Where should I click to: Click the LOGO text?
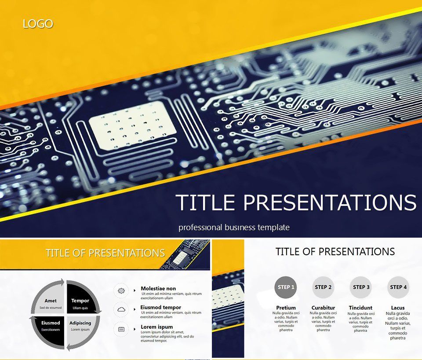38,24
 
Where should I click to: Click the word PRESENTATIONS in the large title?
330,202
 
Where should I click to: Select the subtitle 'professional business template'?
234,228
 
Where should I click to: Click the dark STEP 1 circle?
284,287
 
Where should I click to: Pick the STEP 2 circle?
323,287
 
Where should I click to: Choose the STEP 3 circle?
361,287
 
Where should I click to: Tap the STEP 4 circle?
398,287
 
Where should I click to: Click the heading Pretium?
286,308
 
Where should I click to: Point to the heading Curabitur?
323,308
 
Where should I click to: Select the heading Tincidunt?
360,308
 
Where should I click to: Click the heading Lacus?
398,308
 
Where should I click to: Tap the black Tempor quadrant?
80,302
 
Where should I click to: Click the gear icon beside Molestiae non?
121,291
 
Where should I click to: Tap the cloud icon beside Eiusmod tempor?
121,309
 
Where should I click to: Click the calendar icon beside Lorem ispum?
121,329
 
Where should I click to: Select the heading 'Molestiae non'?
158,289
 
